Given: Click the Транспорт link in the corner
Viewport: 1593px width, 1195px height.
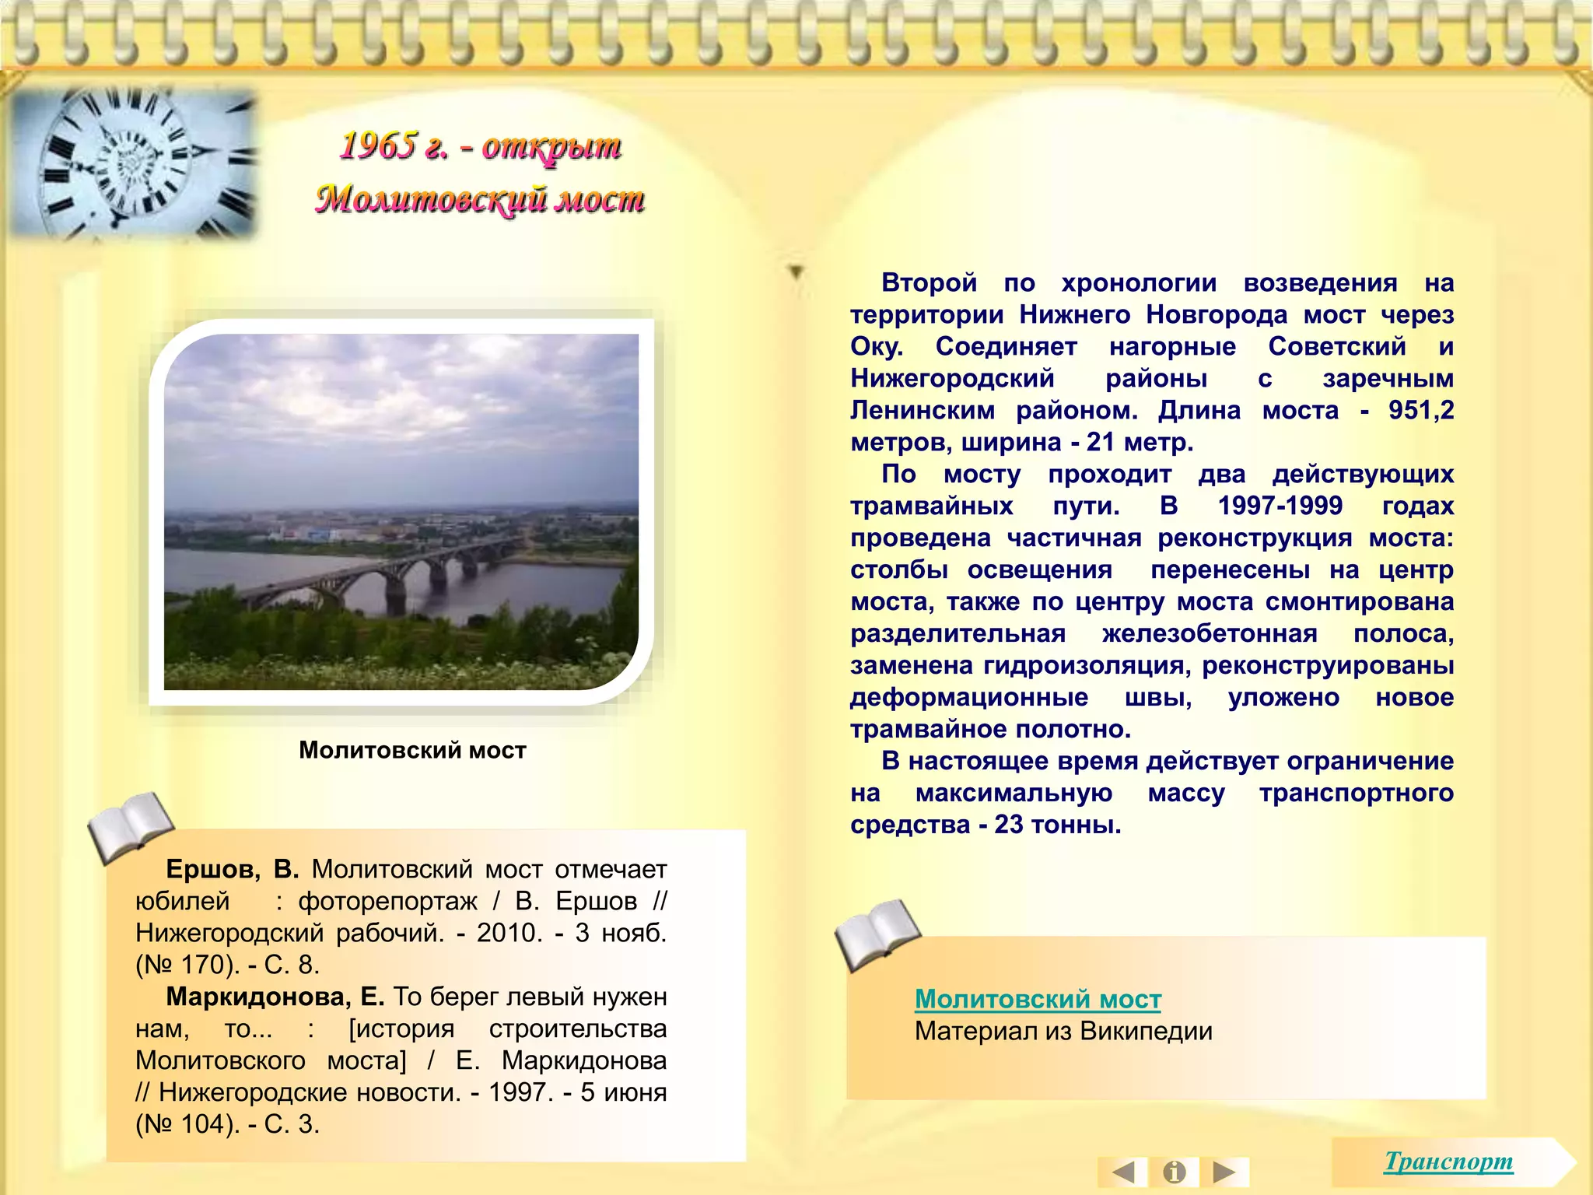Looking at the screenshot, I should pos(1448,1162).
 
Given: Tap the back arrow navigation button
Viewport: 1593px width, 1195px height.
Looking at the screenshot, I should pos(1123,1172).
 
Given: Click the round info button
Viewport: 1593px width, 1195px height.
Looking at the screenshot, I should pos(1175,1172).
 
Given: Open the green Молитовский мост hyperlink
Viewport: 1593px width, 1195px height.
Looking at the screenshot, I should pos(1038,999).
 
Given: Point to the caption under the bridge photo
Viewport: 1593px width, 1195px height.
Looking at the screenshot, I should pos(412,750).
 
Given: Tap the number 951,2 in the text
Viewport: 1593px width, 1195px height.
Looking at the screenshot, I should pos(1421,410).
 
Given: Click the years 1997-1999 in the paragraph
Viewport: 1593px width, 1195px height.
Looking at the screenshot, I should pos(1280,506).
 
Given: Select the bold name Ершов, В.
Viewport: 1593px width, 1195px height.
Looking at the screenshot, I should pos(232,869).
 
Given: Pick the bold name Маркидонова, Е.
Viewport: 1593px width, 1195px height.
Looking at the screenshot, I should pos(275,997).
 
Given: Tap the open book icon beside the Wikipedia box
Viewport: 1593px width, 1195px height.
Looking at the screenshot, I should pos(877,934).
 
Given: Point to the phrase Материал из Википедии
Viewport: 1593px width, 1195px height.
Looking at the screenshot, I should pos(1063,1032).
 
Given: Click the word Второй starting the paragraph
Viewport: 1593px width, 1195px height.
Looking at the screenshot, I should pos(929,282).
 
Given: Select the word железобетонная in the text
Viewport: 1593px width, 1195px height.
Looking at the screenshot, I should pos(1210,633).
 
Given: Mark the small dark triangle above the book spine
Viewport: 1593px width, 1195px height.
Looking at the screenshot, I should pos(796,272).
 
